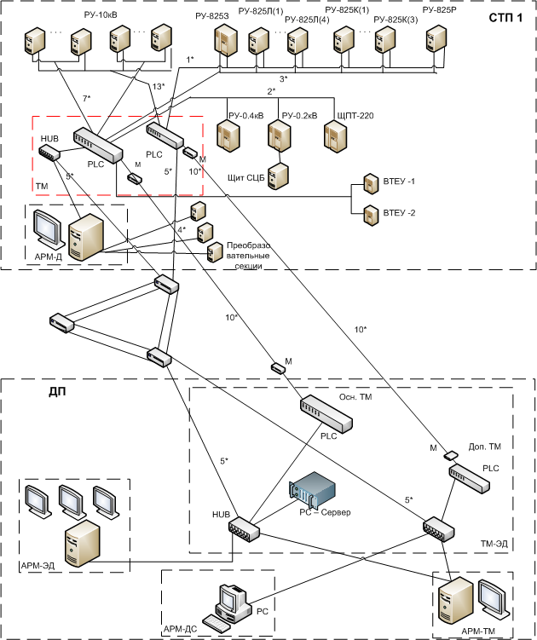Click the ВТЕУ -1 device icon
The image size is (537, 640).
tap(371, 184)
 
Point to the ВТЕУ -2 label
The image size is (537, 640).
tap(400, 212)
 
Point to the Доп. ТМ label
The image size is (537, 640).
tap(484, 447)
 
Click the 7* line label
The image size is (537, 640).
tap(86, 100)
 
